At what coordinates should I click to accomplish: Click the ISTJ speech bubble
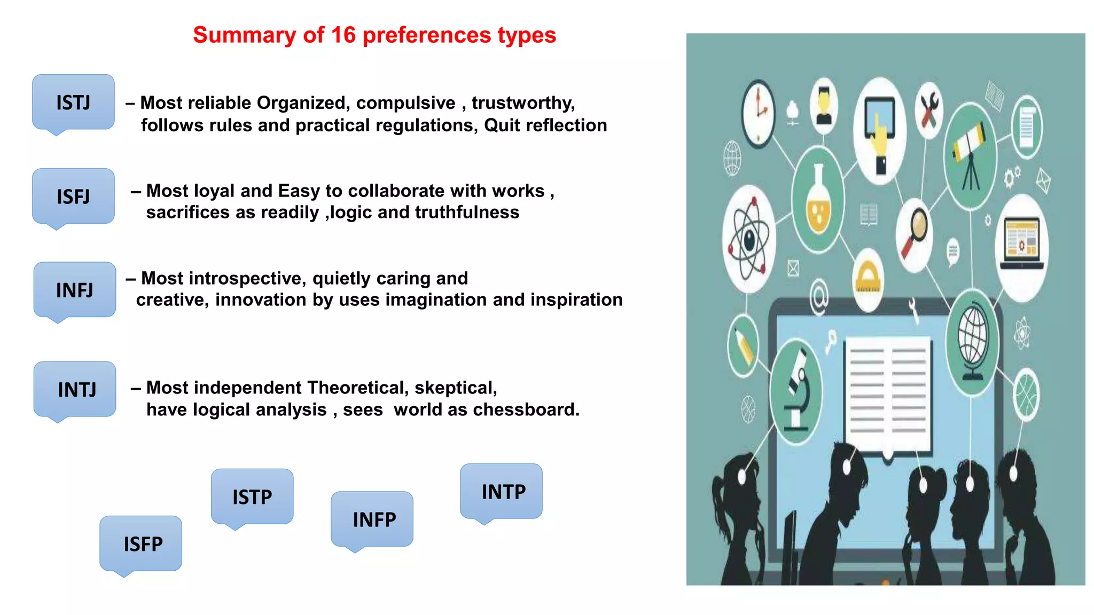(73, 102)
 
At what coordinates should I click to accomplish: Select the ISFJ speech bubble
(73, 196)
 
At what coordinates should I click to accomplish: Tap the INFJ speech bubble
(74, 290)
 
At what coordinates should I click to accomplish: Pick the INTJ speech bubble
(75, 390)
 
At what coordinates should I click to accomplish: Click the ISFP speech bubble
(141, 543)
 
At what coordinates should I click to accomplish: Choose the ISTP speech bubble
(252, 496)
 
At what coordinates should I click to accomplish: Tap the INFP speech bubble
(372, 519)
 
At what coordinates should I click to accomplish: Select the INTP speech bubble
(502, 491)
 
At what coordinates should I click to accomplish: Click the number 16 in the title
(343, 35)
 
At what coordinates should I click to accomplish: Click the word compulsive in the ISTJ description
(405, 102)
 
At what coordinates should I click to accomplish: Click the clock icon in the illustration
(759, 113)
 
